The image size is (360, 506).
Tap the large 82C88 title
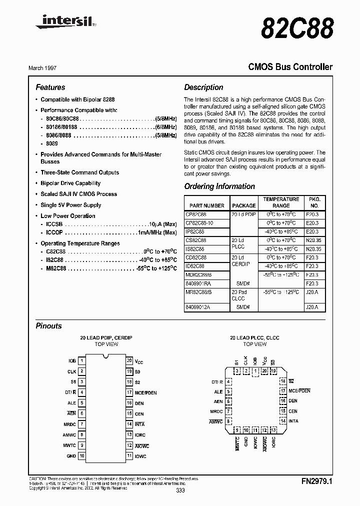[297, 29]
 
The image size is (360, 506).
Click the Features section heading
[50, 87]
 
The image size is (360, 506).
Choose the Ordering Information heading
[219, 186]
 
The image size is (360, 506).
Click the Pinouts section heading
[49, 326]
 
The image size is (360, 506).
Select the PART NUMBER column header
[207, 205]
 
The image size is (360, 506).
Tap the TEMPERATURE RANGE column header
[281, 202]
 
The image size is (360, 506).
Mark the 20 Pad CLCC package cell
[239, 295]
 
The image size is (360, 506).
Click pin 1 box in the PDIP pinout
[81, 360]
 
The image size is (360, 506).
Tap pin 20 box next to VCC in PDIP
[129, 360]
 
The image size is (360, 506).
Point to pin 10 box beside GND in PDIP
[81, 456]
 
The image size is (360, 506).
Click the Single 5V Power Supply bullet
[70, 205]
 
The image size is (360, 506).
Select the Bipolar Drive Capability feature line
[70, 183]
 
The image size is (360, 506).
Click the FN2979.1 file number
[317, 482]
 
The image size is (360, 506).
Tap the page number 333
[180, 491]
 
